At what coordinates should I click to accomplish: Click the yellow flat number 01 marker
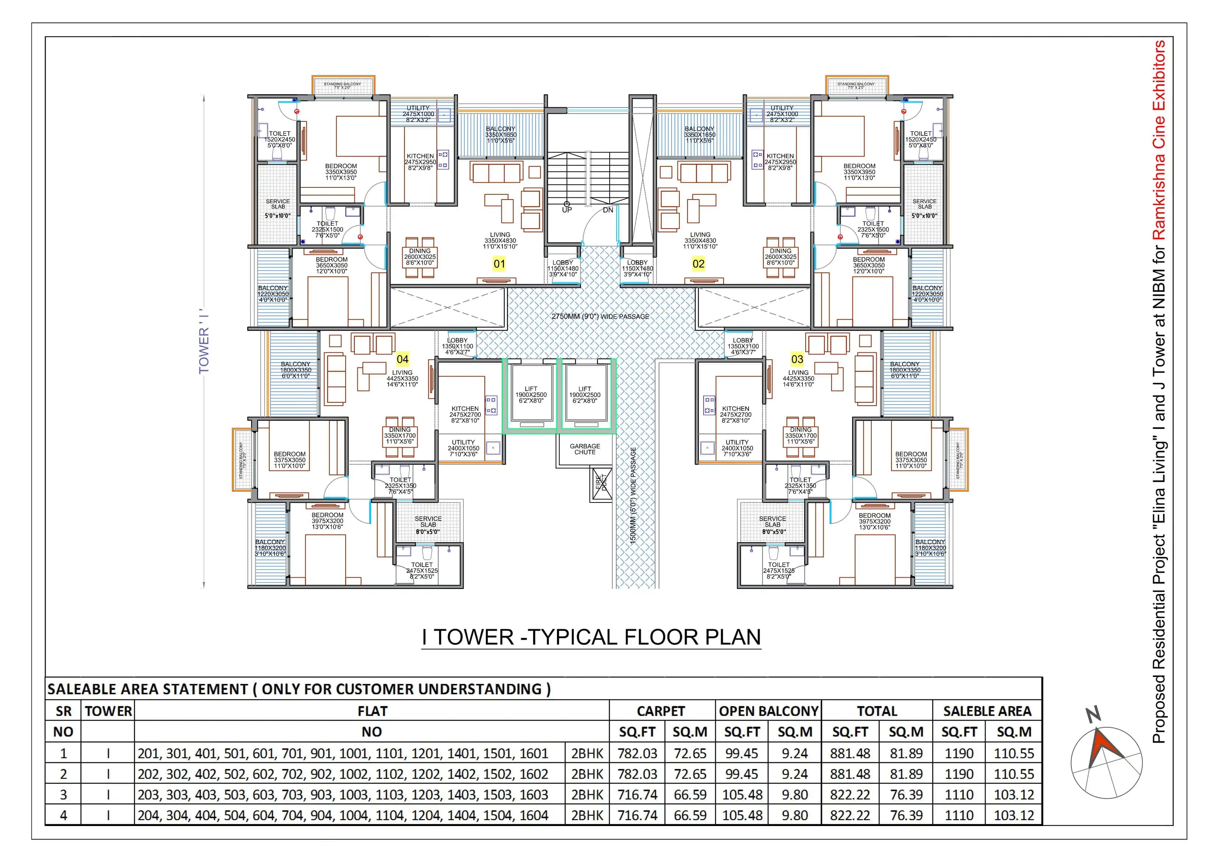[499, 264]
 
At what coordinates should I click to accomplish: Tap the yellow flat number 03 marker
[797, 359]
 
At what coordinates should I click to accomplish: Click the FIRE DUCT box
[601, 483]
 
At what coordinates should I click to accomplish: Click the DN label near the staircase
[608, 210]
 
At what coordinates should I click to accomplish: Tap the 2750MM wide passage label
[600, 316]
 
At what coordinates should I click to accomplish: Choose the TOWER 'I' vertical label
[204, 342]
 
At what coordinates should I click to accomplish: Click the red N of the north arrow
[1093, 714]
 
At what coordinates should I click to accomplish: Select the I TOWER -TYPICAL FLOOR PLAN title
[591, 637]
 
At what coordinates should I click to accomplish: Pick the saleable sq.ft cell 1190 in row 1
[959, 753]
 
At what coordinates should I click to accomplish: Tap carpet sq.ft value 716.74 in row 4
[637, 815]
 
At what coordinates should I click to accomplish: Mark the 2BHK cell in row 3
[587, 795]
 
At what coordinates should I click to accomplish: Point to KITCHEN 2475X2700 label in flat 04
[465, 414]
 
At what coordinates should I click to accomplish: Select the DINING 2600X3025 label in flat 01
[420, 257]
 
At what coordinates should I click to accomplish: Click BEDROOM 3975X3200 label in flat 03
[875, 521]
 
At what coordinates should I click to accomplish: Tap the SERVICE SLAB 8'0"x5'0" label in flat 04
[428, 525]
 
